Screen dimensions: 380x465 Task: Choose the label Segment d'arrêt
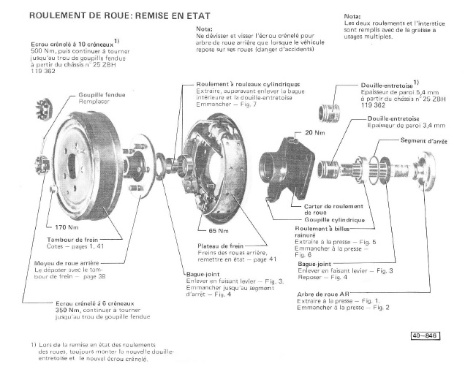[424, 140]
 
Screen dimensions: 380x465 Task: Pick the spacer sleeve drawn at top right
[328, 115]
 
